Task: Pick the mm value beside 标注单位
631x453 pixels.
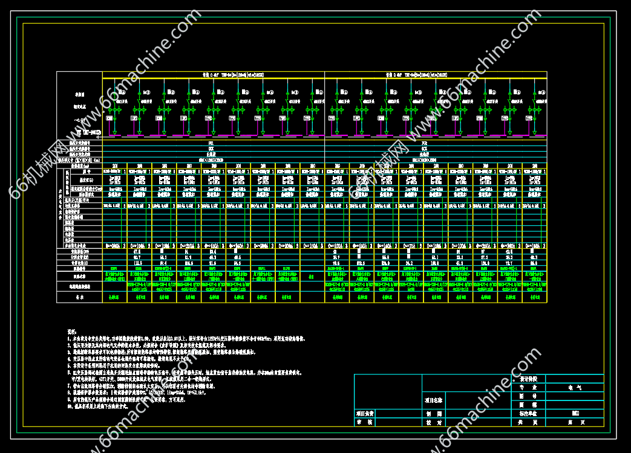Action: coord(574,415)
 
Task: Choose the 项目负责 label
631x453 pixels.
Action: coord(365,414)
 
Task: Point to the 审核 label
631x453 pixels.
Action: coord(365,423)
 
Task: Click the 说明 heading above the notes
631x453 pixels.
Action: coord(72,332)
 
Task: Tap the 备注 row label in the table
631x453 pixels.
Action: coord(79,298)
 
